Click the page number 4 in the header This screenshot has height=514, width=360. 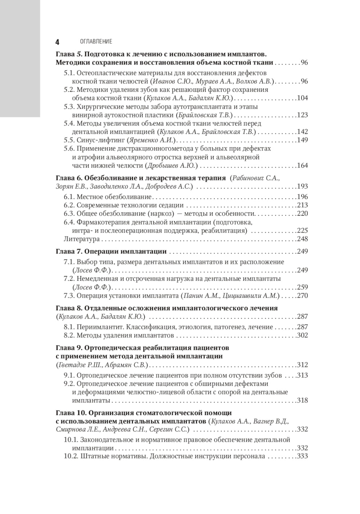57,42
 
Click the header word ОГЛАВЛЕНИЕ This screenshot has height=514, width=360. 96,42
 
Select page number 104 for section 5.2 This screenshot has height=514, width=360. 302,98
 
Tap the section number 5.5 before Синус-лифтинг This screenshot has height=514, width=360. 69,140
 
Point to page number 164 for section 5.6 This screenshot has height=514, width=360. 302,166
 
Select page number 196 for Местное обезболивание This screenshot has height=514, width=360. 302,197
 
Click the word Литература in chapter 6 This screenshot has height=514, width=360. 81,239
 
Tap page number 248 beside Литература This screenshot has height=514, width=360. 302,239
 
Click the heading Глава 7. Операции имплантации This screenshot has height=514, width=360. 111,251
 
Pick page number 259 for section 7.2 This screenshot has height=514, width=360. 302,287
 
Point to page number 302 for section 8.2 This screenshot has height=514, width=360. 302,335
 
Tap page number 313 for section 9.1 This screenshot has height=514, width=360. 302,375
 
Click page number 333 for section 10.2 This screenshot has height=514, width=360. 302,456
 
